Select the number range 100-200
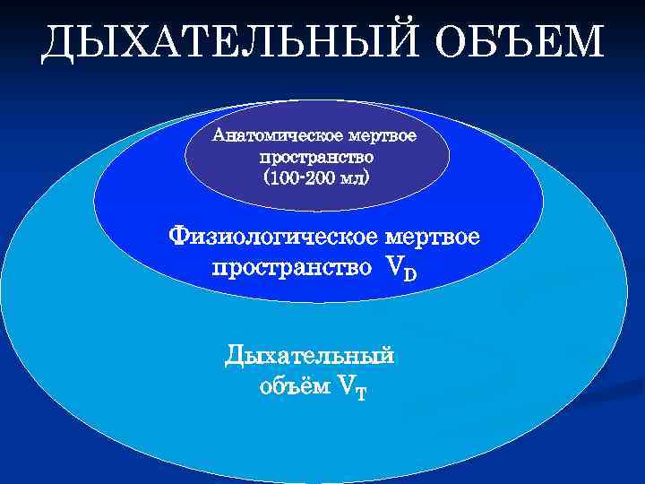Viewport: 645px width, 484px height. point(305,177)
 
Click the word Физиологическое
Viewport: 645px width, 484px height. point(273,238)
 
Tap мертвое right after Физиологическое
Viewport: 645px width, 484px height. point(432,238)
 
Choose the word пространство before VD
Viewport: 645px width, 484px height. point(292,267)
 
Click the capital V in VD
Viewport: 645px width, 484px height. point(392,267)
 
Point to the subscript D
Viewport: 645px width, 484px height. point(409,273)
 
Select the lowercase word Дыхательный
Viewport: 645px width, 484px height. point(310,356)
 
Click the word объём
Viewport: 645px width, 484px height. point(293,386)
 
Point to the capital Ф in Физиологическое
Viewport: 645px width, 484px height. point(180,238)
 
